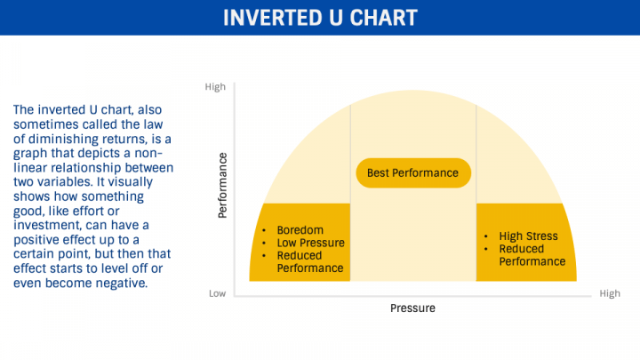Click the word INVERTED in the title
tap(271, 18)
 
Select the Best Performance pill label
tap(413, 173)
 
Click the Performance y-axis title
tap(222, 185)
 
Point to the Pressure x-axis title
tap(412, 308)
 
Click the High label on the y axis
tap(215, 87)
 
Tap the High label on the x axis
tap(610, 293)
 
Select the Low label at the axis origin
tap(217, 293)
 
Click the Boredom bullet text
tap(300, 230)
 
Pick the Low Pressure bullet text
tap(310, 243)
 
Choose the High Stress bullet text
tap(528, 236)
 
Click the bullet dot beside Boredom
tap(264, 230)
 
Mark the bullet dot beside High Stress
tap(485, 236)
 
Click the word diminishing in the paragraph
tap(60, 140)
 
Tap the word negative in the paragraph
tap(122, 283)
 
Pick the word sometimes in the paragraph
tap(45, 124)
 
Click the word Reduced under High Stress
tap(521, 249)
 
